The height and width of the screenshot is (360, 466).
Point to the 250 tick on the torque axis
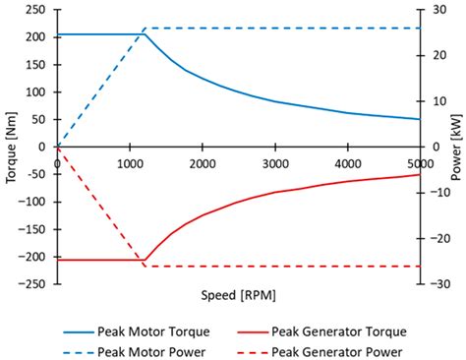(37, 10)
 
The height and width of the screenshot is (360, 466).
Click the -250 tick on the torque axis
(35, 284)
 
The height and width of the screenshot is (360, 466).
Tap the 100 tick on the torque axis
(37, 92)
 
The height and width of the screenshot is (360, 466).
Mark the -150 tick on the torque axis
(35, 229)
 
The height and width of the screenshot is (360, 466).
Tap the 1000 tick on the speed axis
(129, 162)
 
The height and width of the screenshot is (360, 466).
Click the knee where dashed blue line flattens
(146, 28)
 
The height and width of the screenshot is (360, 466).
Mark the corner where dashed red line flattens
(146, 267)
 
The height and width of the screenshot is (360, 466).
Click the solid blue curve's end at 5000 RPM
(420, 119)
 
